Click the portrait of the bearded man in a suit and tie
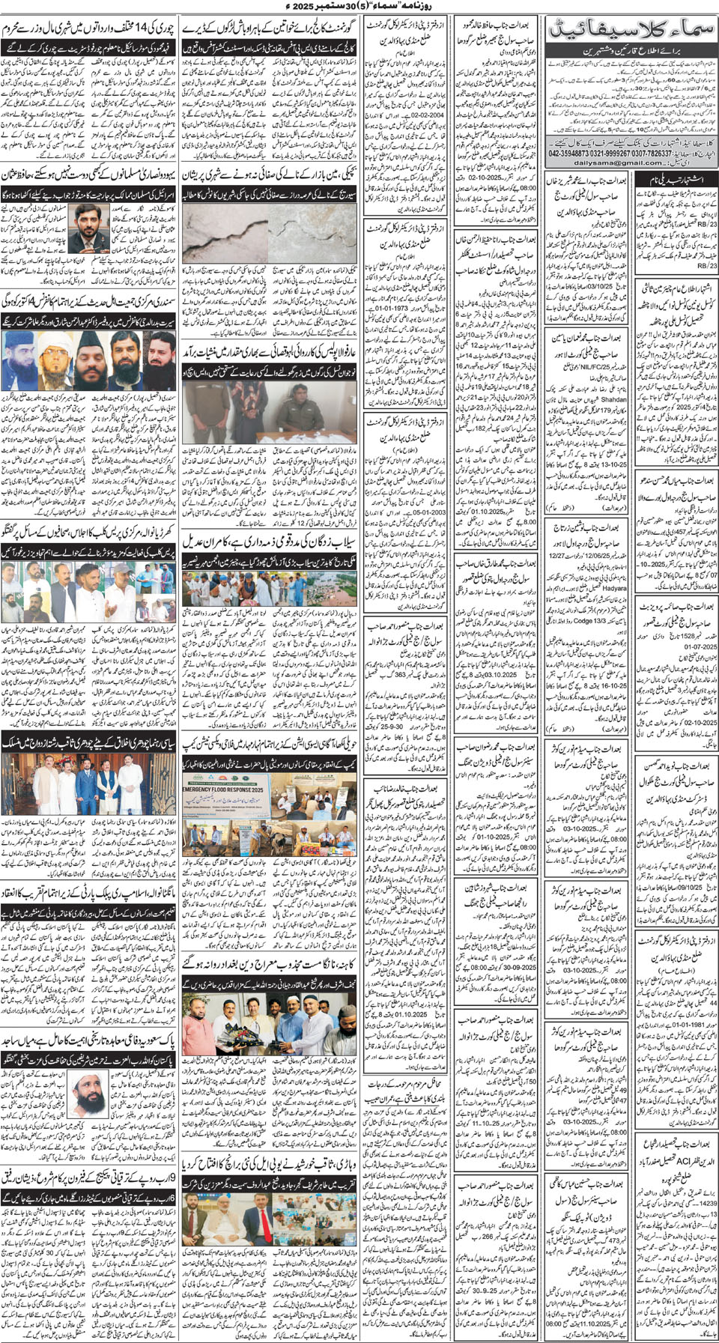pos(88,231)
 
